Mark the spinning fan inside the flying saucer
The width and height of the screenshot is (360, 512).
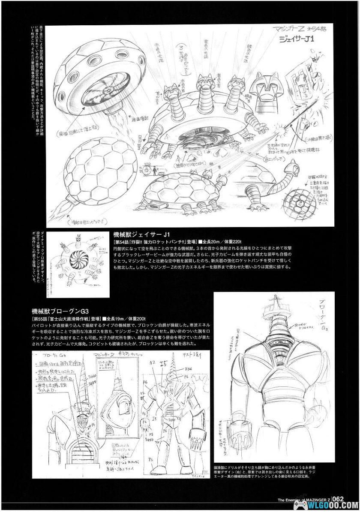(103, 91)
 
